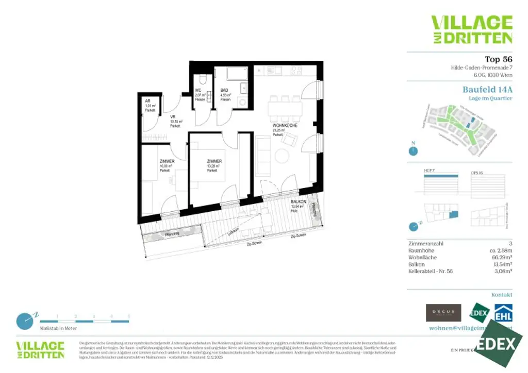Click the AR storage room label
click(x=147, y=101)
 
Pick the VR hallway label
click(x=173, y=117)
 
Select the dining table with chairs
click(x=285, y=108)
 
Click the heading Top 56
click(x=498, y=59)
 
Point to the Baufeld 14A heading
click(x=487, y=89)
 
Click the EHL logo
click(x=503, y=312)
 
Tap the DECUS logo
click(x=443, y=313)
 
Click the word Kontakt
click(x=501, y=295)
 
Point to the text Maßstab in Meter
click(x=58, y=328)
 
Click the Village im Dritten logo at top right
click(x=471, y=29)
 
